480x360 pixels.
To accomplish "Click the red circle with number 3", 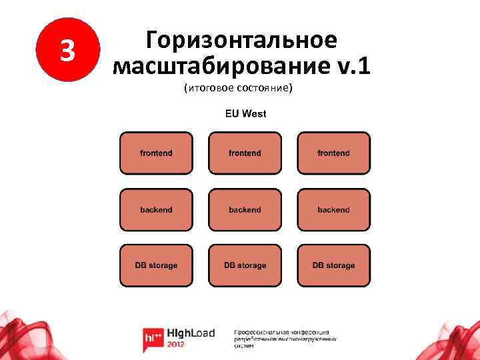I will point(65,51).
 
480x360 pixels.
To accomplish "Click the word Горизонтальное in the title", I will point(241,40).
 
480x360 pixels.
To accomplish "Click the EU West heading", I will point(245,113).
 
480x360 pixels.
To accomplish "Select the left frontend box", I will point(156,153).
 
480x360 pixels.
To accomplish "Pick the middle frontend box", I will point(245,153).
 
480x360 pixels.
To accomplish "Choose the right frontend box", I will point(333,153).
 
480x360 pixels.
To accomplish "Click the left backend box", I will point(156,209).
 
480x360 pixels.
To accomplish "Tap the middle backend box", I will point(245,209).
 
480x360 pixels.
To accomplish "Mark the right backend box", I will point(333,209).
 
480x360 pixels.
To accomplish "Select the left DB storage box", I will point(156,265).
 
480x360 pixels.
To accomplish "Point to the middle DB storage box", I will point(245,265).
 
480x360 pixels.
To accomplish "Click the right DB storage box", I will point(333,265).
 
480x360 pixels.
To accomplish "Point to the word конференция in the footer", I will point(309,332).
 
